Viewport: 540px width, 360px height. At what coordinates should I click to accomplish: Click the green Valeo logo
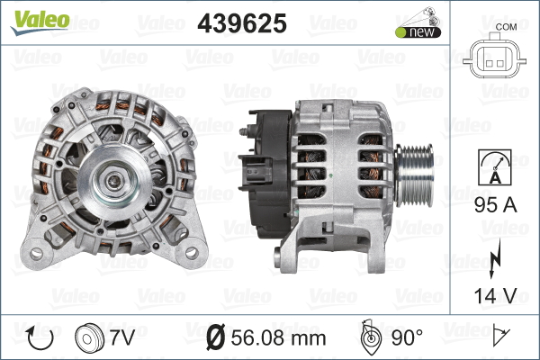point(40,22)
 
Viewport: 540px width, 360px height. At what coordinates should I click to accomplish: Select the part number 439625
point(242,23)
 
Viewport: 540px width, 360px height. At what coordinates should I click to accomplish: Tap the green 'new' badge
point(418,32)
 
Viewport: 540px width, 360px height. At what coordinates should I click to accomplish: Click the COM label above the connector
point(506,27)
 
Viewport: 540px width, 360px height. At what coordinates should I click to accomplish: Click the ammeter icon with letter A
point(494,167)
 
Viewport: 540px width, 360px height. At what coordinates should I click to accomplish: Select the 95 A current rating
point(495,205)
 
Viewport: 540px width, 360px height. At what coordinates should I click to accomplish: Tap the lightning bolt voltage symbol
point(494,258)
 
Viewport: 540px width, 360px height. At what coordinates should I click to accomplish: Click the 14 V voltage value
point(495,295)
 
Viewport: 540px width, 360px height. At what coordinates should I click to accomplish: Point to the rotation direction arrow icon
point(40,337)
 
